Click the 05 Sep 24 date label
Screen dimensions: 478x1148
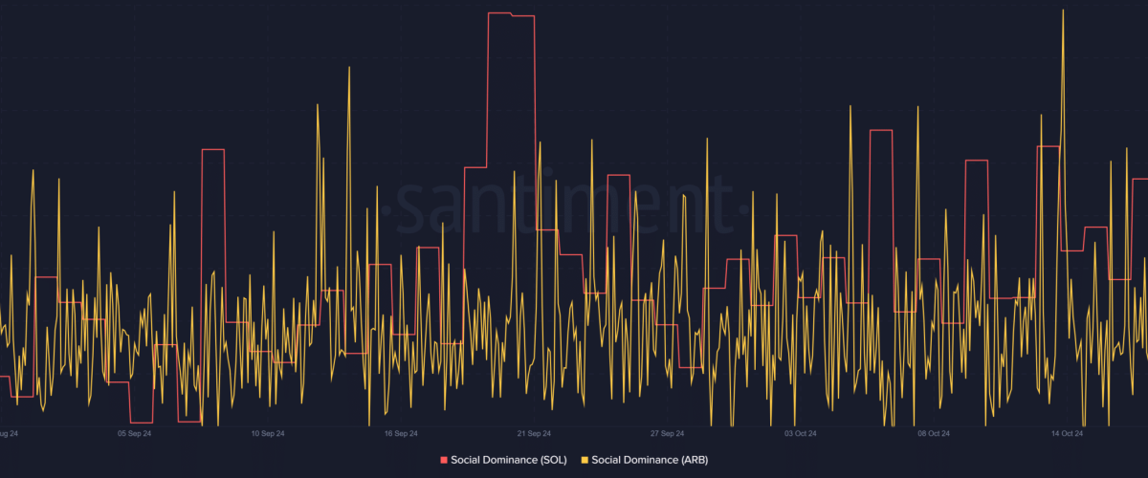pyautogui.click(x=135, y=433)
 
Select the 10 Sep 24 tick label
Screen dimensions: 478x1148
pyautogui.click(x=268, y=433)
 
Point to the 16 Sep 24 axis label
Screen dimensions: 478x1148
pyautogui.click(x=401, y=433)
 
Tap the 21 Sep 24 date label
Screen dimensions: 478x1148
pyautogui.click(x=533, y=433)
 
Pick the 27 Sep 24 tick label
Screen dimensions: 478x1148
pyautogui.click(x=666, y=433)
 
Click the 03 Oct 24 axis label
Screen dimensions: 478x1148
pyautogui.click(x=799, y=433)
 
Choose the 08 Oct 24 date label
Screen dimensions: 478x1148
pyautogui.click(x=932, y=433)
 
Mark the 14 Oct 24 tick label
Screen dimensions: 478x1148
pyautogui.click(x=1065, y=433)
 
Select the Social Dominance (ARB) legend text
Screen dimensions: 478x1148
pyautogui.click(x=650, y=460)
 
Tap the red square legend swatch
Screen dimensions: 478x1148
pyautogui.click(x=443, y=460)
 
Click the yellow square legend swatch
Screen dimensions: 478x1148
pyautogui.click(x=585, y=460)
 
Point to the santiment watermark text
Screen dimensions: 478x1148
pyautogui.click(x=564, y=204)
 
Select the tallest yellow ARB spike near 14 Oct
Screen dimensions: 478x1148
pyautogui.click(x=1063, y=11)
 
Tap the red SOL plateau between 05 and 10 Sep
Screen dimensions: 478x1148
pyautogui.click(x=212, y=150)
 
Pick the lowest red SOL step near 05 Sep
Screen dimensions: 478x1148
pyautogui.click(x=142, y=422)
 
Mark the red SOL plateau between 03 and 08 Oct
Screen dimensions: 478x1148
pyautogui.click(x=880, y=130)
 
